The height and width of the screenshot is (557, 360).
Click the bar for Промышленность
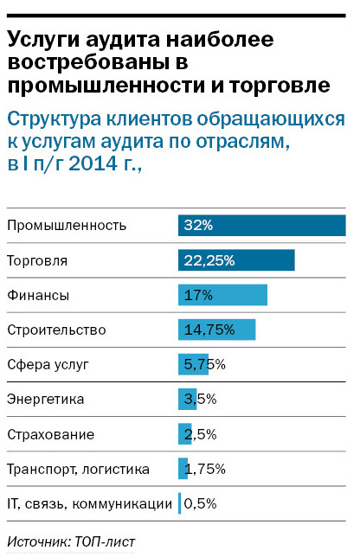pos(261,225)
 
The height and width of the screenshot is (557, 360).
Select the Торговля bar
pos(236,260)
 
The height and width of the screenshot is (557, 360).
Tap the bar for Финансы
pos(222,295)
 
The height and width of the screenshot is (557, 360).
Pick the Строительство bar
pos(216,330)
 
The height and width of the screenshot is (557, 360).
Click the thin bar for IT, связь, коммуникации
pos(179,503)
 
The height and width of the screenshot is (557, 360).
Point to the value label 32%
pos(198,225)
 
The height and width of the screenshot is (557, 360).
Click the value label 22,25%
pos(209,260)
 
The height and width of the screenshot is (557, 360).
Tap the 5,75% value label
pos(204,364)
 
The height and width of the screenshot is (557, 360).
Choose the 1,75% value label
pos(204,469)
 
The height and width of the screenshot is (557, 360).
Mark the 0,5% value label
pos(200,503)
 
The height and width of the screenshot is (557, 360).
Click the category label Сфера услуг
pos(47,364)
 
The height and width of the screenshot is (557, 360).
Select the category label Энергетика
pos(45,400)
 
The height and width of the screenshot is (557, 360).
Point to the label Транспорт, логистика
pos(78,469)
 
